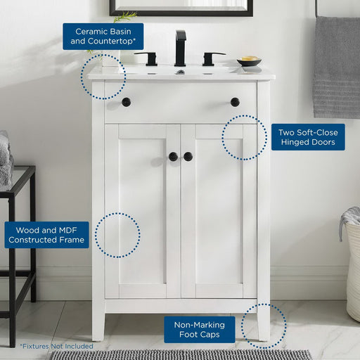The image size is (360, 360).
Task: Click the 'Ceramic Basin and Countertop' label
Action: tap(103, 37)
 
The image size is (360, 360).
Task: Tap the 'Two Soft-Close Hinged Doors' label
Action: tap(308, 137)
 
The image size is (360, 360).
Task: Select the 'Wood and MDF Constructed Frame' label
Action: tap(46, 235)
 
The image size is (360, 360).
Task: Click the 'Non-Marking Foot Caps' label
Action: tap(200, 330)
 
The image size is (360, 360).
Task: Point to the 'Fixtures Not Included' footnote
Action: tap(56, 346)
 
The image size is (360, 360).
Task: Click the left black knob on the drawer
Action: tap(127, 102)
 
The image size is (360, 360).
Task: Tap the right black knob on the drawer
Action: tap(235, 102)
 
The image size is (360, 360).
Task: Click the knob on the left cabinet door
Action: tap(174, 157)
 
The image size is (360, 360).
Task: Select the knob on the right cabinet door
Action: tap(188, 157)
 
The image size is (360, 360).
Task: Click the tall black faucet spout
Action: tap(181, 48)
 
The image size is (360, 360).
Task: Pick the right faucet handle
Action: tap(213, 58)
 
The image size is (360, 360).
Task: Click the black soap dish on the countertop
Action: tap(249, 61)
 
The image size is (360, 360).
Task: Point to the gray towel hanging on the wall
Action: tap(337, 67)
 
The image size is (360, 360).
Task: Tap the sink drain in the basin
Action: tap(181, 72)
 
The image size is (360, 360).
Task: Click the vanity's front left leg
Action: tap(98, 326)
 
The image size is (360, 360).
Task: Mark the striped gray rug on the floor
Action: tap(181, 355)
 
